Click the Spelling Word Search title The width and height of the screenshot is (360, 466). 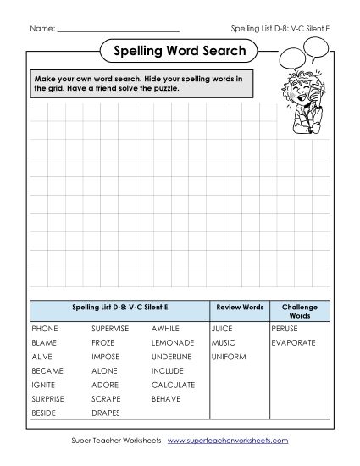(180, 52)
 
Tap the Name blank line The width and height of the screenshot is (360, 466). (119, 28)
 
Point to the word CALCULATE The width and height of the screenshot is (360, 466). (173, 385)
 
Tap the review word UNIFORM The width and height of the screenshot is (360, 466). (229, 357)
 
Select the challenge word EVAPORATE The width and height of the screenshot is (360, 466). (293, 342)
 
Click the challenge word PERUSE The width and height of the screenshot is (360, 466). (285, 327)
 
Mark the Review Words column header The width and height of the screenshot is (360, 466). (240, 307)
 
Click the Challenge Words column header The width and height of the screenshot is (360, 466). (299, 310)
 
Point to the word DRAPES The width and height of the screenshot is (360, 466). (106, 413)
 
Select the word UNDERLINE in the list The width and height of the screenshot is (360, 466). (172, 357)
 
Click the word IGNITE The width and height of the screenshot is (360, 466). (43, 385)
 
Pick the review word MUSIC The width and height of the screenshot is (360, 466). (224, 342)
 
